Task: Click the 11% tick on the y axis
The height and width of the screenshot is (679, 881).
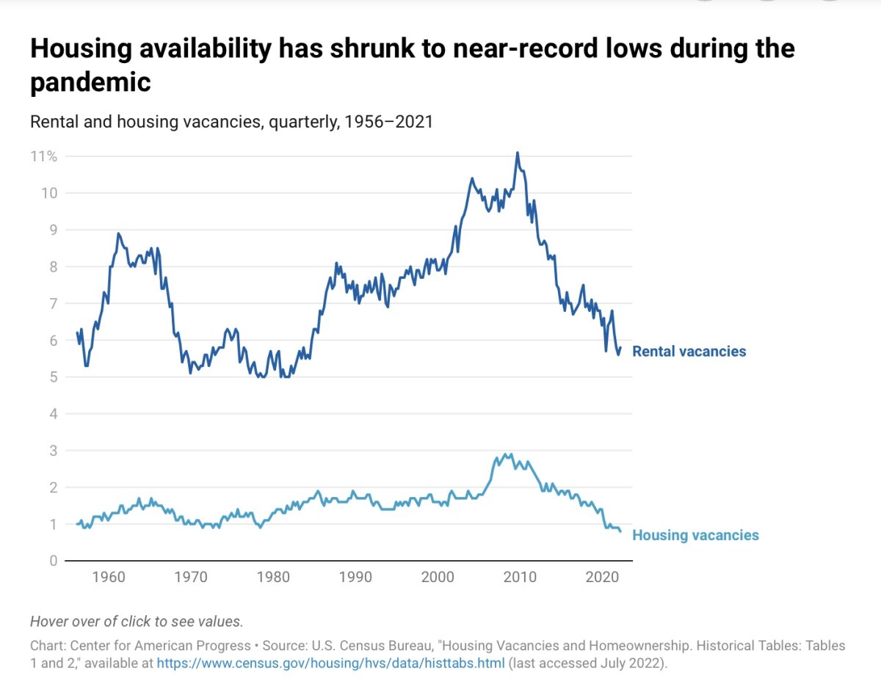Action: coord(44,156)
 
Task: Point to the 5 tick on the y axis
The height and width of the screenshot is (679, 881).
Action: coord(53,377)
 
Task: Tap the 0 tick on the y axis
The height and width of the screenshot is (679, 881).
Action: coord(53,561)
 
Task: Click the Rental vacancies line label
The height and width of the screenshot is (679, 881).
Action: coord(689,352)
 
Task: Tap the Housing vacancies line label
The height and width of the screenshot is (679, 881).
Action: coord(695,535)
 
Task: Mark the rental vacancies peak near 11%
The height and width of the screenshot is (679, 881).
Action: coord(518,153)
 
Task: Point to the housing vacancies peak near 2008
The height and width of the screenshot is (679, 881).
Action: coord(504,454)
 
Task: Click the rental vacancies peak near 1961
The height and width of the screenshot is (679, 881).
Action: coord(118,233)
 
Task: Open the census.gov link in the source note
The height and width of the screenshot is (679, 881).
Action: coord(330,664)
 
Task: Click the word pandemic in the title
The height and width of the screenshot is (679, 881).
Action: coord(90,82)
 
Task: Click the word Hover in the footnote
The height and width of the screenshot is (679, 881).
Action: coord(49,621)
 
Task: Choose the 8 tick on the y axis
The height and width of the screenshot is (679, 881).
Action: coord(53,267)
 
